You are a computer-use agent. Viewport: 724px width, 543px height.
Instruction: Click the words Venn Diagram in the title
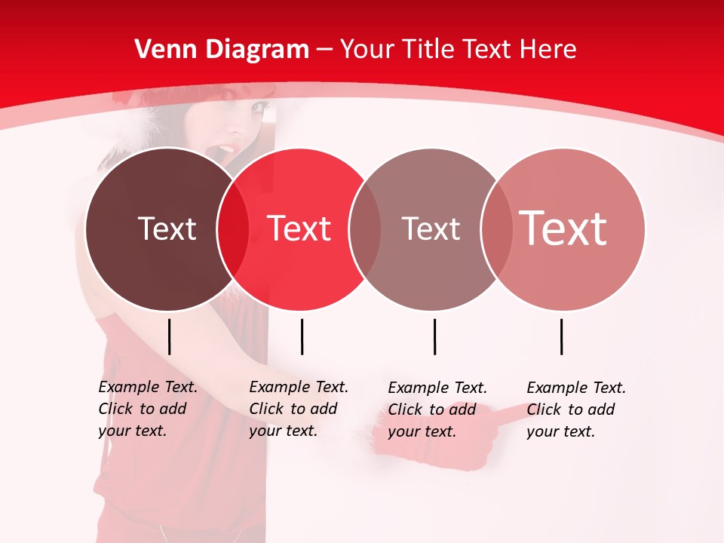tap(222, 50)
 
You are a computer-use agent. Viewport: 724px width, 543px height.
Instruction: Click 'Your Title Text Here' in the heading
tap(458, 50)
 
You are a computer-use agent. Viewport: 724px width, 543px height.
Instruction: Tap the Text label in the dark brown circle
tap(167, 229)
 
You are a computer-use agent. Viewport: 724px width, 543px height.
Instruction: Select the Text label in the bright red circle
tap(299, 229)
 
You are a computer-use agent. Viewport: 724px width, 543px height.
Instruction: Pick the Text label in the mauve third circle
tap(431, 229)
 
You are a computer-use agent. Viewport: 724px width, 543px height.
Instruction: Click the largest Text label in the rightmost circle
tap(563, 228)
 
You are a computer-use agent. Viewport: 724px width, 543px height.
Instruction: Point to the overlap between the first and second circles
tap(233, 229)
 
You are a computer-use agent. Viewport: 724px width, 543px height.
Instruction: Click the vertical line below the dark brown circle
tap(170, 336)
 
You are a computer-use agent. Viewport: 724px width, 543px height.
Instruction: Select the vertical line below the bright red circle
tap(302, 336)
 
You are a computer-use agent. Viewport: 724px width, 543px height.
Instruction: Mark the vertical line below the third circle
tap(434, 336)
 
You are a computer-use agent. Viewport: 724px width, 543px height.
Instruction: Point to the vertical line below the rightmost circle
tap(562, 336)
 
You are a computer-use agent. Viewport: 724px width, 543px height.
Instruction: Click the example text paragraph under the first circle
tap(148, 409)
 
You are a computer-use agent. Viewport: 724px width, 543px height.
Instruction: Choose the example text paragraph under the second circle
tap(299, 409)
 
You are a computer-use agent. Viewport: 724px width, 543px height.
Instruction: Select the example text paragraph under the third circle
tap(437, 410)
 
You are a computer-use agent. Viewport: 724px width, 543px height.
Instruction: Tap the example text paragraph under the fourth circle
tap(576, 410)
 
